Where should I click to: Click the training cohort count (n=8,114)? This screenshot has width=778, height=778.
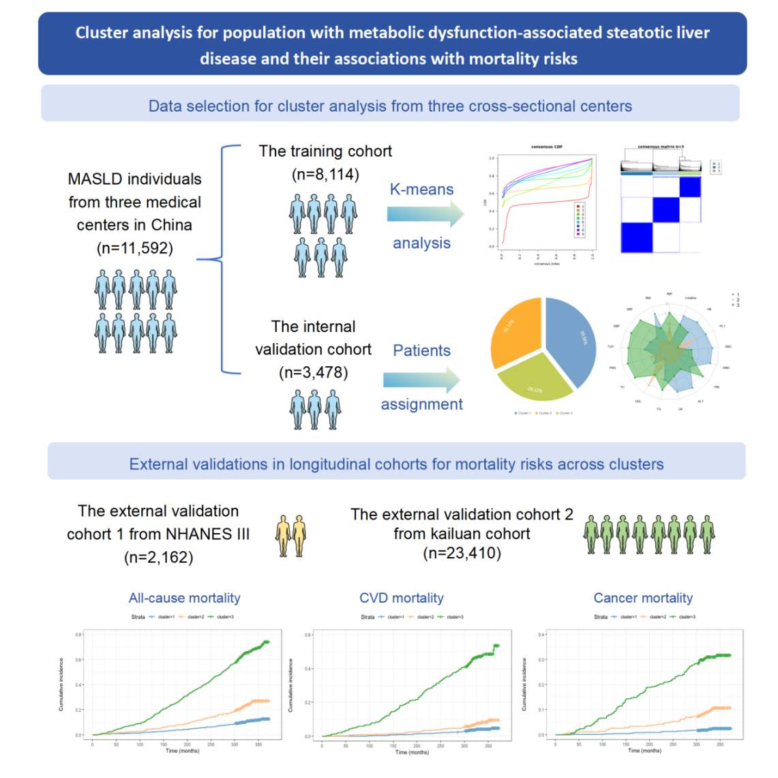325,175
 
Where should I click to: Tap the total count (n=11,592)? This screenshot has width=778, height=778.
134,248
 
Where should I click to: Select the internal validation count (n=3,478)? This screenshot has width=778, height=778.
313,373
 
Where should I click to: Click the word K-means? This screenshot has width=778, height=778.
421,190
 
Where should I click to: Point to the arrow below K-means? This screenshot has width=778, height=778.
425,215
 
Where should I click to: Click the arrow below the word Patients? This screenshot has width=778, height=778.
421,380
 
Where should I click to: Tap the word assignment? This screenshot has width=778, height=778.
421,404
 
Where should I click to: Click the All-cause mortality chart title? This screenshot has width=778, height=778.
184,598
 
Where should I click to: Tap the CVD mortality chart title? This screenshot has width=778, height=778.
401,598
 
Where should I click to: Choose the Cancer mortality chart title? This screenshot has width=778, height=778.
643,598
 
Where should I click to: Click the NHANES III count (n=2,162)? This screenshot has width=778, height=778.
158,558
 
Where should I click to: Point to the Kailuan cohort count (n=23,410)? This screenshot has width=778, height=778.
462,553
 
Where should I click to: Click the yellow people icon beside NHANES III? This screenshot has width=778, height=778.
291,536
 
